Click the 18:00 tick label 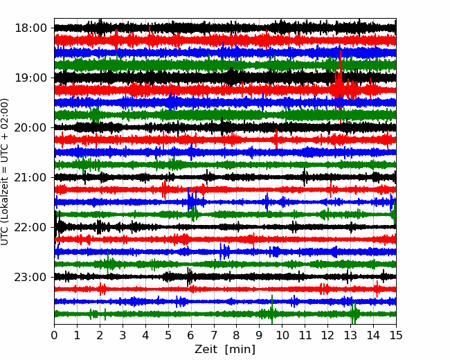click(30, 28)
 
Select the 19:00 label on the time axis click(30, 78)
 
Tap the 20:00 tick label click(30, 128)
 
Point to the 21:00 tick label click(30, 177)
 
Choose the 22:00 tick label click(30, 227)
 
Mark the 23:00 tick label click(30, 278)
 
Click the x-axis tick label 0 click(54, 335)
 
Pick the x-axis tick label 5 click(168, 335)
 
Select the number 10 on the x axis click(282, 335)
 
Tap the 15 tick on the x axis click(396, 335)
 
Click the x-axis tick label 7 click(214, 335)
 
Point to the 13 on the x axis click(351, 335)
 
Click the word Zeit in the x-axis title click(206, 350)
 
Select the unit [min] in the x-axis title click(240, 350)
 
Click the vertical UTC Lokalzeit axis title click(5, 172)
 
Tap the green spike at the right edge click(395, 213)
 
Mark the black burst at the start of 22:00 click(57, 226)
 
